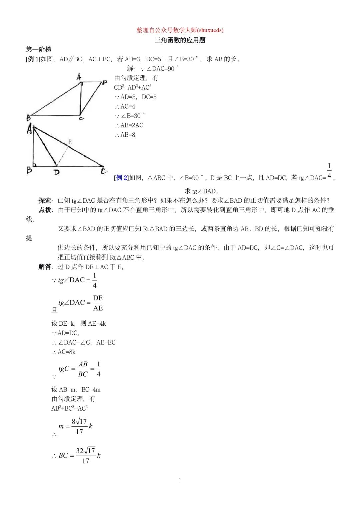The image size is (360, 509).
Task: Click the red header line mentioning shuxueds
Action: [180, 30]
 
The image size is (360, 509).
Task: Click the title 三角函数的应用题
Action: [180, 40]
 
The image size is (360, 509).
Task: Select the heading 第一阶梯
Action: [38, 49]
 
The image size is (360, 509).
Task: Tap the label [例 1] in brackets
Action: [33, 59]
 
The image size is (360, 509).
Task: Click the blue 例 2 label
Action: [122, 178]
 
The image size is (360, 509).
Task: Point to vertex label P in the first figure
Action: [105, 82]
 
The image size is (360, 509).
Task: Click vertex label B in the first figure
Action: [28, 118]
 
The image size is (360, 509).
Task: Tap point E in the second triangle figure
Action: [70, 142]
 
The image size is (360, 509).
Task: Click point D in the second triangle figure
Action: [57, 172]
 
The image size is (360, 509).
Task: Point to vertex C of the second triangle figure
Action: [104, 171]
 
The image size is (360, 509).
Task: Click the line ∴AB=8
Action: [125, 135]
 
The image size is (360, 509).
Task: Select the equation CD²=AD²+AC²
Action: [133, 87]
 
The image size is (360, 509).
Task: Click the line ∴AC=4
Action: [125, 106]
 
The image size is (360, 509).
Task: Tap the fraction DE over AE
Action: [98, 303]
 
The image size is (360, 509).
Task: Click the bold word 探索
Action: [45, 200]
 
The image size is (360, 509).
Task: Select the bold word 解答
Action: [45, 267]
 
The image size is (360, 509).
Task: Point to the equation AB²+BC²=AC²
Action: [69, 408]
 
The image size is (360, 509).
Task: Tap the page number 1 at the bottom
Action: [180, 480]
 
